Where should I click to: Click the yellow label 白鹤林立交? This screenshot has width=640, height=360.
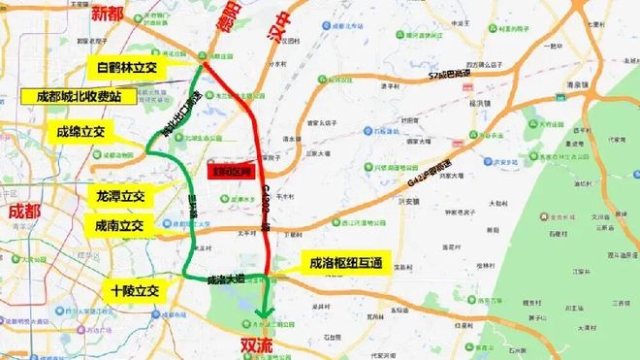[x=127, y=67]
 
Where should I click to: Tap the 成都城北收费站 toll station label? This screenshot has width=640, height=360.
[x=74, y=97]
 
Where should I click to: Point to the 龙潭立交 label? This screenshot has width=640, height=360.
[x=119, y=196]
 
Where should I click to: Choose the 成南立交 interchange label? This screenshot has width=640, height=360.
[x=119, y=225]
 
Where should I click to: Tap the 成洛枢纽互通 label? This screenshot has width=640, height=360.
[x=346, y=261]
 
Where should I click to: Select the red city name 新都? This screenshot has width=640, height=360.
[x=109, y=14]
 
